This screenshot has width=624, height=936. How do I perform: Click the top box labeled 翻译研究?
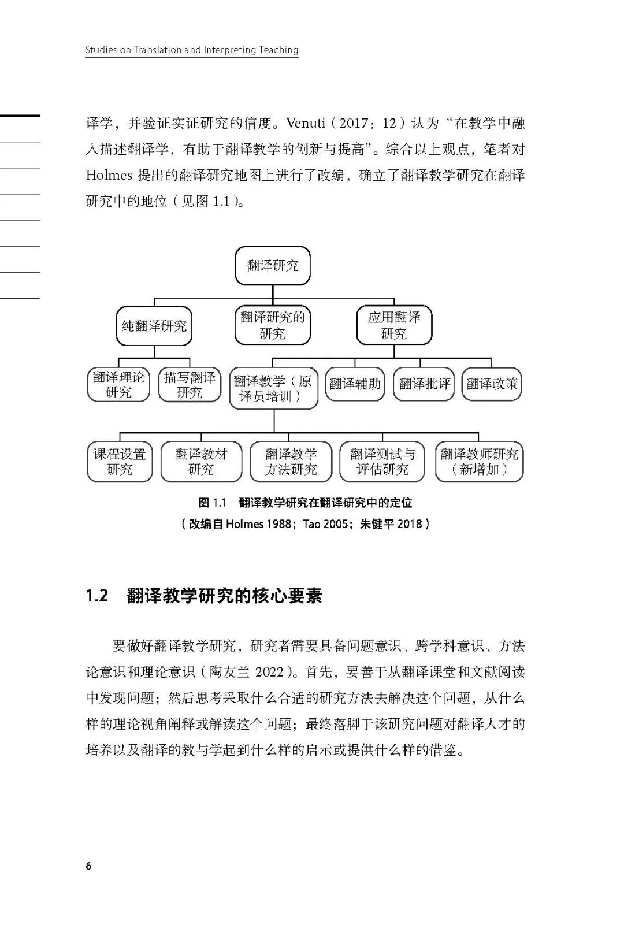tap(273, 266)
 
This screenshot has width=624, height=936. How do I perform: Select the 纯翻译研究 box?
tap(154, 326)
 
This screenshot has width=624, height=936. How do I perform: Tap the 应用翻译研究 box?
tap(394, 325)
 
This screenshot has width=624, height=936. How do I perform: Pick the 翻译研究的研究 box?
tap(273, 325)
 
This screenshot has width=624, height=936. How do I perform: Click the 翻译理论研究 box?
tap(118, 385)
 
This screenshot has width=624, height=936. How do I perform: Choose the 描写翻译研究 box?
tap(190, 385)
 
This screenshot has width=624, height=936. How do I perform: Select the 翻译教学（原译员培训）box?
tap(273, 388)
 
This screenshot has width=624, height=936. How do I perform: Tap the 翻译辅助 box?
tap(355, 384)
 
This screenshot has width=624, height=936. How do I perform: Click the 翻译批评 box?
tap(424, 384)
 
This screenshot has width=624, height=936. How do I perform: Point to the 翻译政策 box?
tap(492, 384)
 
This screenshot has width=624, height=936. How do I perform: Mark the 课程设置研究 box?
tap(120, 462)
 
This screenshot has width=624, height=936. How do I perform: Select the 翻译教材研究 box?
tap(201, 462)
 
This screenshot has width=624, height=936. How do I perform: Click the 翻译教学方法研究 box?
tap(291, 462)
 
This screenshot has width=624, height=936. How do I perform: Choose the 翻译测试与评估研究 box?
tap(382, 462)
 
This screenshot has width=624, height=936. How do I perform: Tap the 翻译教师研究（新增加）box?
tap(479, 462)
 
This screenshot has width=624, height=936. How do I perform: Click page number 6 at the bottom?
tap(88, 866)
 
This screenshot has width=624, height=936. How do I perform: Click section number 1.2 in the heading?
tap(97, 596)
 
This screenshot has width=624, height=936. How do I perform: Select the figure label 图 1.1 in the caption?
tap(212, 503)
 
